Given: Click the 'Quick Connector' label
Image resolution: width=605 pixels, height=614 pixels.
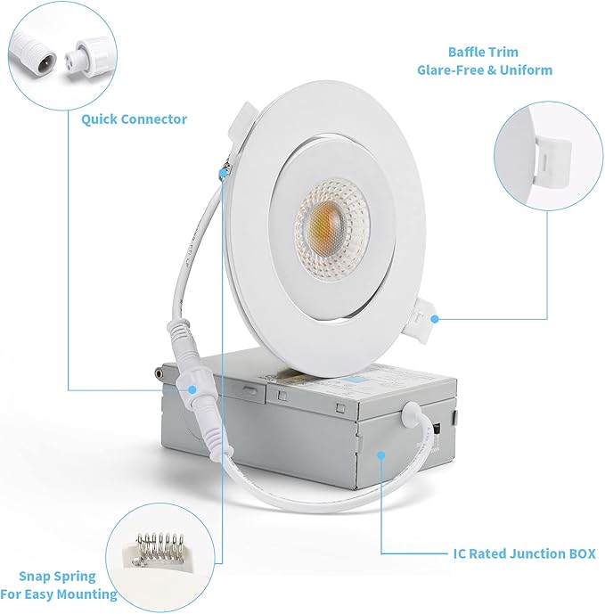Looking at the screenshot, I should click(134, 119).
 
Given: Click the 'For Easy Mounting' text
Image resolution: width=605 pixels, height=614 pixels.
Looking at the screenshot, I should click(59, 594).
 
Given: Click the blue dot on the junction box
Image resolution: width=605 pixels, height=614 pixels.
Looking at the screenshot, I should click(380, 454).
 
